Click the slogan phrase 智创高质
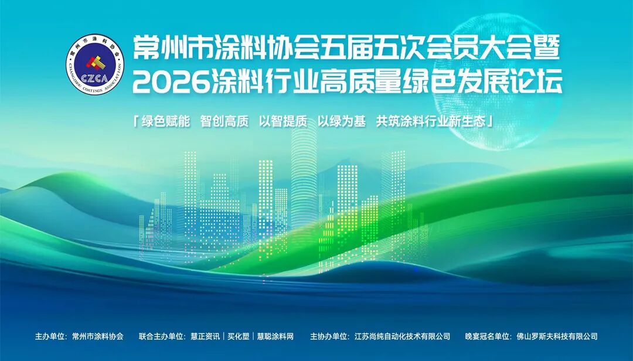pos(224,121)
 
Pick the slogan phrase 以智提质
pos(283,121)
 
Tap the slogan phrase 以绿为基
pos(342,121)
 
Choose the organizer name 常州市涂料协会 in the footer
pos(98,336)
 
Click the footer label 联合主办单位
pos(163,336)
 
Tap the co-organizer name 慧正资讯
pos(205,336)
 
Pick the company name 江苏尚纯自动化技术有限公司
pos(403,336)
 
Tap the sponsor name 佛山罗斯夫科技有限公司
pos(557,336)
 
